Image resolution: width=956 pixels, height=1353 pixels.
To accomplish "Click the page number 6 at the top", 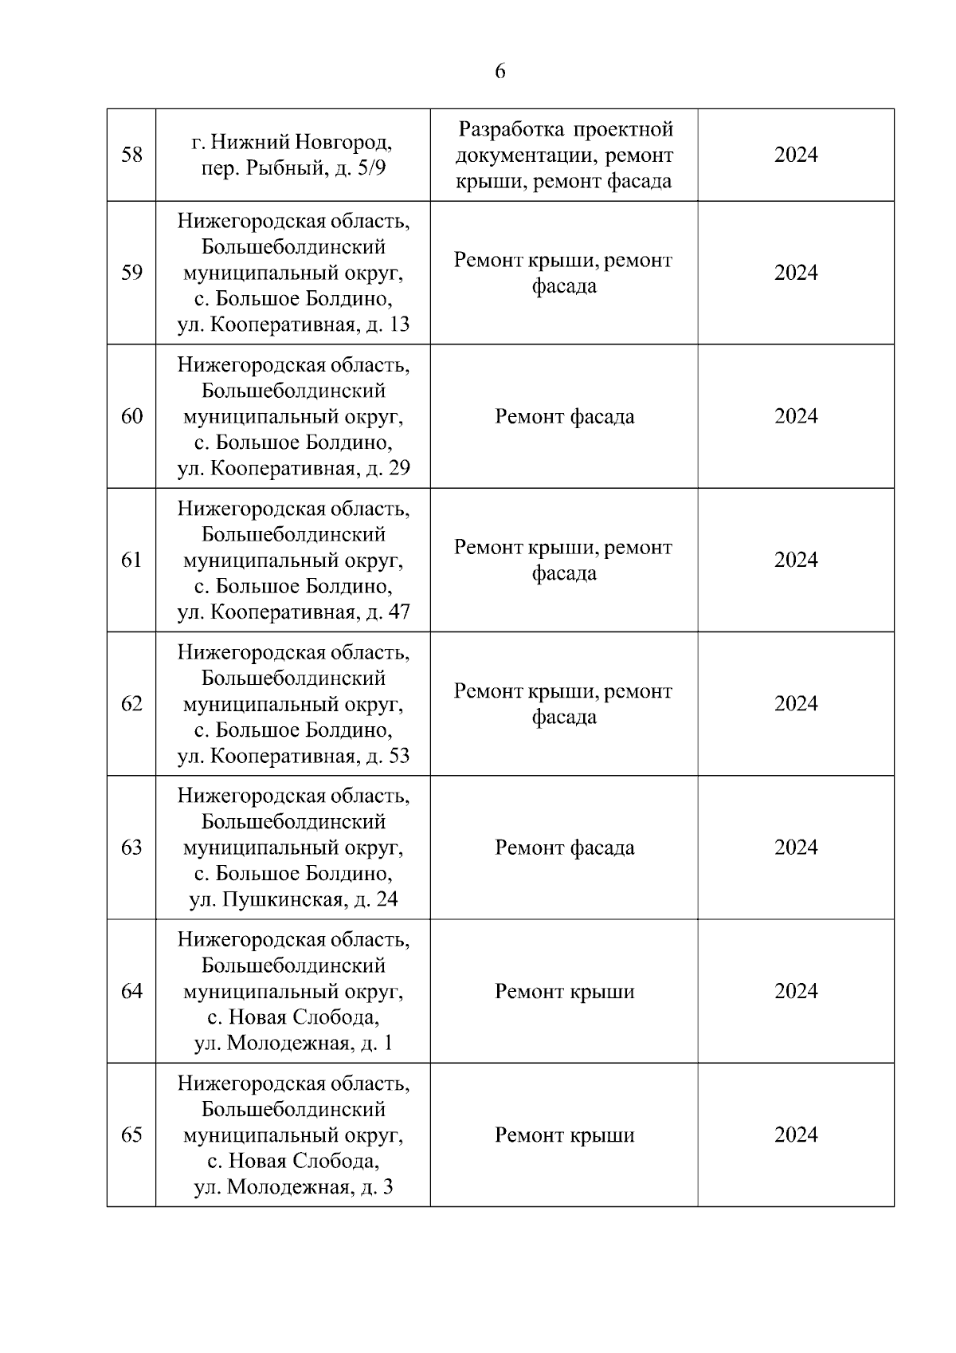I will (x=500, y=72).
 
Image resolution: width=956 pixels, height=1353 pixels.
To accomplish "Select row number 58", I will (x=131, y=155).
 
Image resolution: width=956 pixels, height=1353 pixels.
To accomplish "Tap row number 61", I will (x=131, y=560).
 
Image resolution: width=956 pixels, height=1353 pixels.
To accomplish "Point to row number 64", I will (x=131, y=992).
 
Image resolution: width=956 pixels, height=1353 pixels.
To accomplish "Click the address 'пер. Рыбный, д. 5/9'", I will (x=292, y=169).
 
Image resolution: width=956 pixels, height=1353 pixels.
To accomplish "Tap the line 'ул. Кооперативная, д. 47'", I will (x=292, y=612).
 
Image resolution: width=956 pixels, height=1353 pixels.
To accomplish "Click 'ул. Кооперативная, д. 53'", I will (x=292, y=756).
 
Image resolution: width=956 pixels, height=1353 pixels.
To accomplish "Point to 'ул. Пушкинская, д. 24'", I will (x=292, y=900).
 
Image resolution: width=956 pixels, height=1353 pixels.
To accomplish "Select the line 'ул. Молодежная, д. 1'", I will (x=292, y=1044).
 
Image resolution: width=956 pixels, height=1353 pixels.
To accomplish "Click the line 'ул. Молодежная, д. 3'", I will (x=292, y=1187).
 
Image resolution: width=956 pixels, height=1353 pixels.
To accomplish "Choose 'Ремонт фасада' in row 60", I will (x=564, y=417).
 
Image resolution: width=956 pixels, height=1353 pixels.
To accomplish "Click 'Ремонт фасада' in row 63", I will (x=564, y=848).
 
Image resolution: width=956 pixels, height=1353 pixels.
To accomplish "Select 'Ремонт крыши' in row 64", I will (x=564, y=992).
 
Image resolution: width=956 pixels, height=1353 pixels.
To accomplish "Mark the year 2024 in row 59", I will (x=795, y=273).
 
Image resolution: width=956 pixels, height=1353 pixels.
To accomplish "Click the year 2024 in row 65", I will (x=795, y=1135).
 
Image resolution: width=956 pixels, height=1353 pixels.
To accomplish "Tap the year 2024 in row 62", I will (x=795, y=704).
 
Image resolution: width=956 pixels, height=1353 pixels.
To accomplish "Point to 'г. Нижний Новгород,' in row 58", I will (x=292, y=144).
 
